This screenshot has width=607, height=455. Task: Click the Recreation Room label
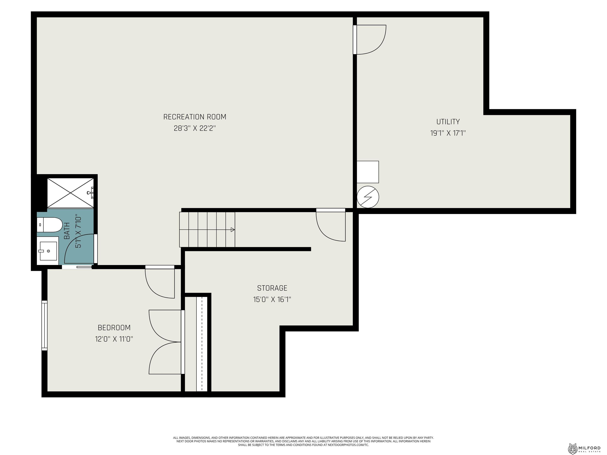coord(195,117)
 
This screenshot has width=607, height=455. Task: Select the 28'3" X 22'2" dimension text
coord(195,128)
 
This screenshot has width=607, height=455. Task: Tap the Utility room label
coord(448,121)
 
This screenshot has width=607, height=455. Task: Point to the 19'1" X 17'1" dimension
coord(448,133)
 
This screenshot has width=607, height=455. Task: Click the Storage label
coord(272,288)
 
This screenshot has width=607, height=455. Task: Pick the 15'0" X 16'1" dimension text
coord(272,299)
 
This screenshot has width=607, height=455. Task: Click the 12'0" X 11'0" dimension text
coord(114,339)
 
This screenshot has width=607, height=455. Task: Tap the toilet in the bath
coord(50,225)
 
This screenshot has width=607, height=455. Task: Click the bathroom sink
coord(48,251)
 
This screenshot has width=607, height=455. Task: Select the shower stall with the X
coord(71,193)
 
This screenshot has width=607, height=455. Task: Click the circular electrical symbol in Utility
coord(368,197)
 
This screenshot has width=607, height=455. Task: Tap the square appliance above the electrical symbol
coord(368,172)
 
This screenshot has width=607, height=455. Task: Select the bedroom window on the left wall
coord(44,325)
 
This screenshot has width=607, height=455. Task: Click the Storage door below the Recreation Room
coord(331,225)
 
